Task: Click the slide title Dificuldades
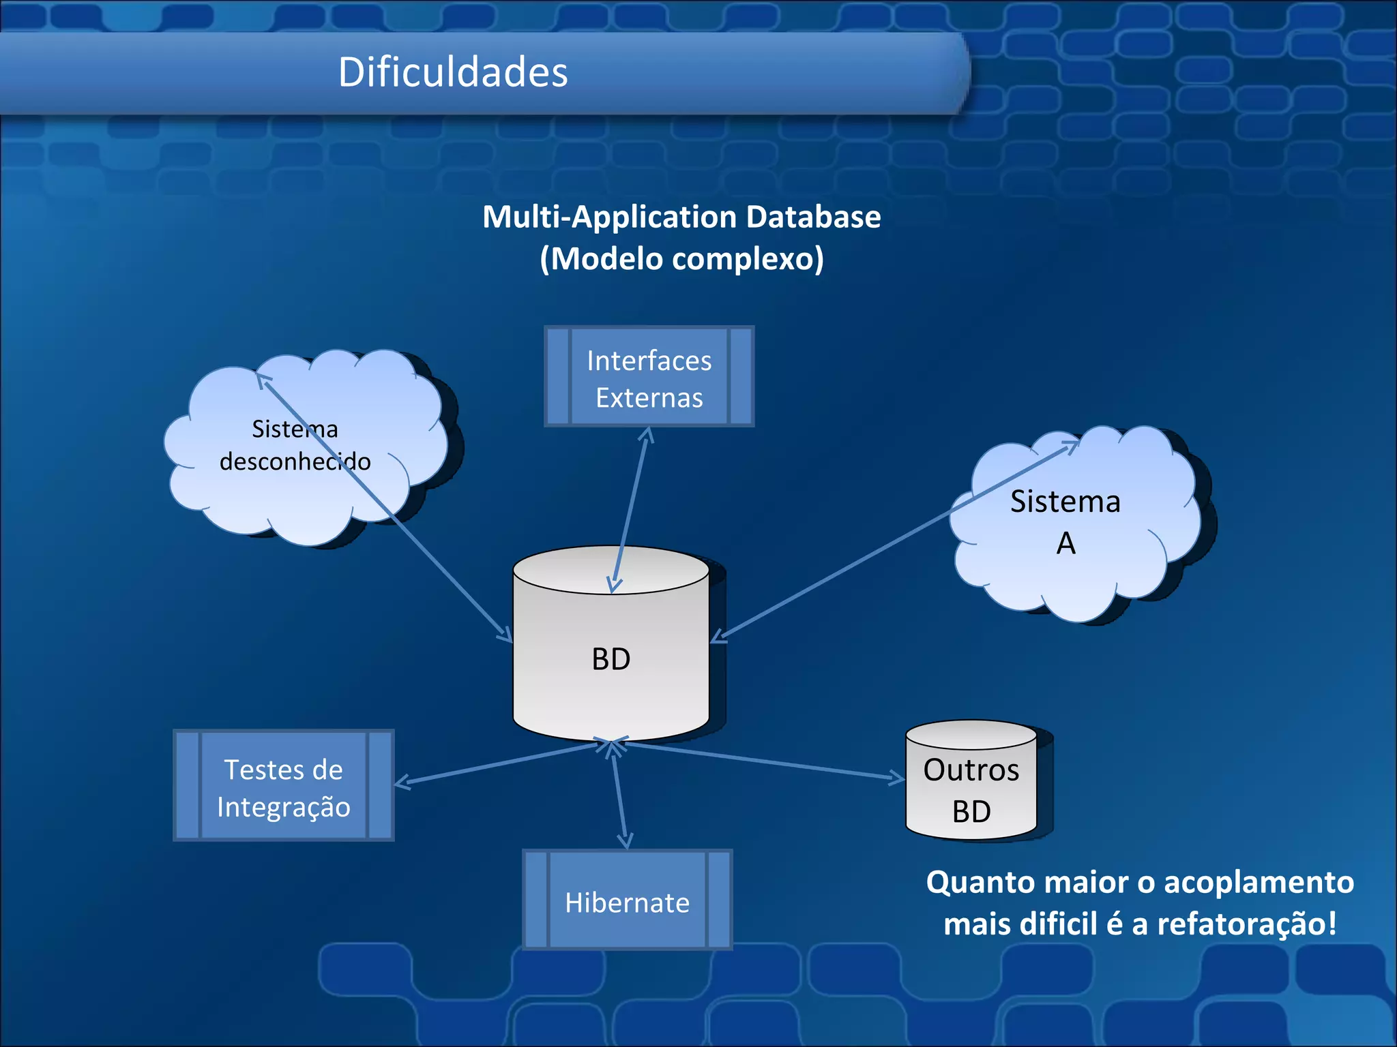pyautogui.click(x=453, y=72)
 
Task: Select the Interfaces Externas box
pyautogui.click(x=649, y=377)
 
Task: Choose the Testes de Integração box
pyautogui.click(x=283, y=786)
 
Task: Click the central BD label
pyautogui.click(x=611, y=659)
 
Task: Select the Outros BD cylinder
pyautogui.click(x=971, y=791)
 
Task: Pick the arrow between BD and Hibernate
pyautogui.click(x=620, y=794)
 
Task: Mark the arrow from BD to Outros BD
pyautogui.click(x=764, y=759)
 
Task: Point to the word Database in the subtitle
pyautogui.click(x=813, y=217)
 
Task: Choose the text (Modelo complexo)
pyautogui.click(x=681, y=259)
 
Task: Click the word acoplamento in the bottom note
pyautogui.click(x=1259, y=882)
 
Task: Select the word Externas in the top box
pyautogui.click(x=649, y=398)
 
